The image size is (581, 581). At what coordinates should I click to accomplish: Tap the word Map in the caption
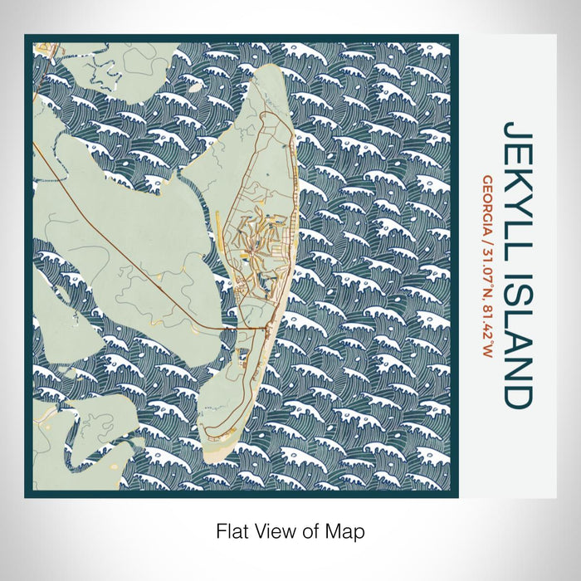(347, 530)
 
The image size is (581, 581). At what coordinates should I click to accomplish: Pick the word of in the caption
(311, 530)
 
